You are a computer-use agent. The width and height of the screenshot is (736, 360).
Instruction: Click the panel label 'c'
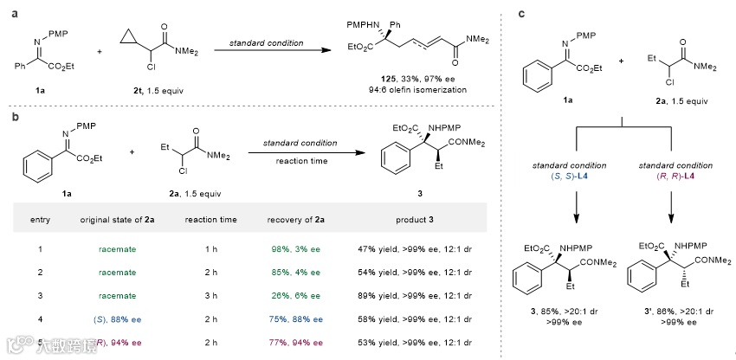coord(517,11)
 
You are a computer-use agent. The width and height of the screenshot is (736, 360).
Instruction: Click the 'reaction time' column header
coord(211,219)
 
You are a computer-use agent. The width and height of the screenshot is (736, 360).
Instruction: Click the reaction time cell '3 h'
coord(211,293)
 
